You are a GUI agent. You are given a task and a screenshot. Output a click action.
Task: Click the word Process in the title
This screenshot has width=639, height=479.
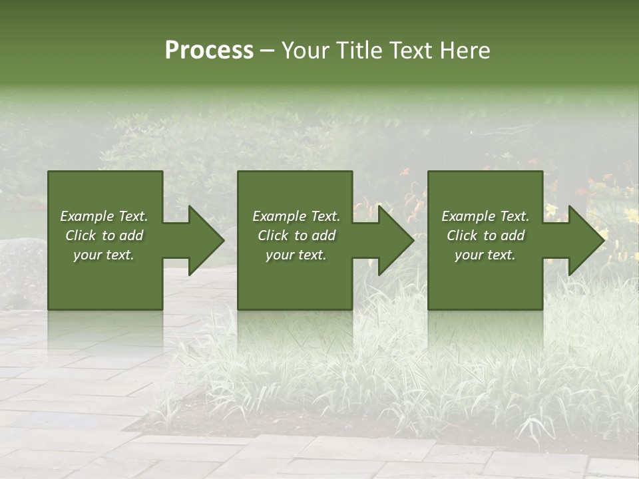pos(209,51)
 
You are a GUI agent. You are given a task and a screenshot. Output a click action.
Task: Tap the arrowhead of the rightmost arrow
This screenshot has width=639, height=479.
pos(585,240)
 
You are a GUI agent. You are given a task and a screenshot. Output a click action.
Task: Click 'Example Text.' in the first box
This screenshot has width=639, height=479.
pos(104,216)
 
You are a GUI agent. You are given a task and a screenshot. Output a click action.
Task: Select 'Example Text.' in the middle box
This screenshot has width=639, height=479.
pos(296,216)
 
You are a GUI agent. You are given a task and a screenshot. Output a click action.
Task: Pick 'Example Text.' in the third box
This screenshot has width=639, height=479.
pos(485,216)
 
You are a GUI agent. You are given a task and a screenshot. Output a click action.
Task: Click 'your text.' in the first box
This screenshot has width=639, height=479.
pos(104,255)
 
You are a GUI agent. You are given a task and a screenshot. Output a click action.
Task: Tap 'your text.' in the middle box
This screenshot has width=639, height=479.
pos(296,255)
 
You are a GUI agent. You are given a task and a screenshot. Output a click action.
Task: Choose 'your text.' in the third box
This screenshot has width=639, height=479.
pos(485,255)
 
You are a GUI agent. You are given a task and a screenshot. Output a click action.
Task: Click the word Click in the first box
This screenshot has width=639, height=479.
pos(80,236)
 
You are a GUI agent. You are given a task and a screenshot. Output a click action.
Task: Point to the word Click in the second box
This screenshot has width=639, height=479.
pos(272,236)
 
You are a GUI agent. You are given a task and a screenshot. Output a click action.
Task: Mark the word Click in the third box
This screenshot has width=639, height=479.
pos(461,236)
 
